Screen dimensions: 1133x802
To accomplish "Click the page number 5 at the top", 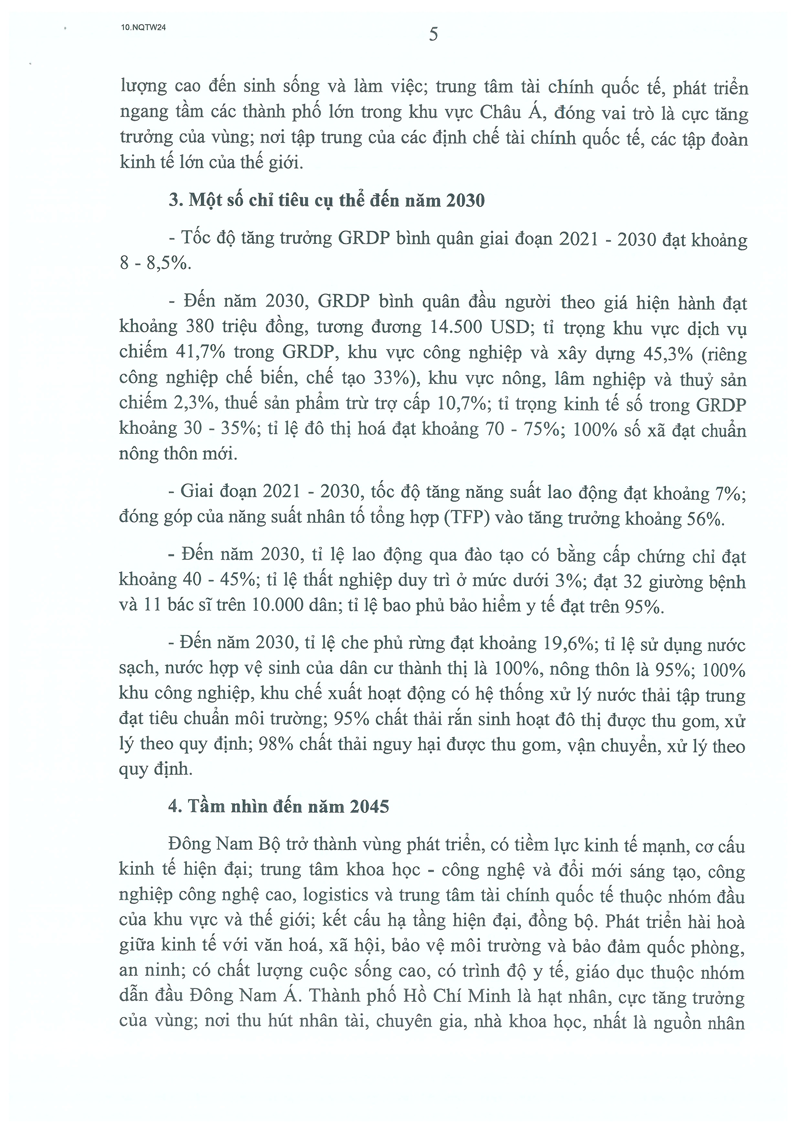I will (x=433, y=35).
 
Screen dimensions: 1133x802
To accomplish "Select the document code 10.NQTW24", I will (x=143, y=28).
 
